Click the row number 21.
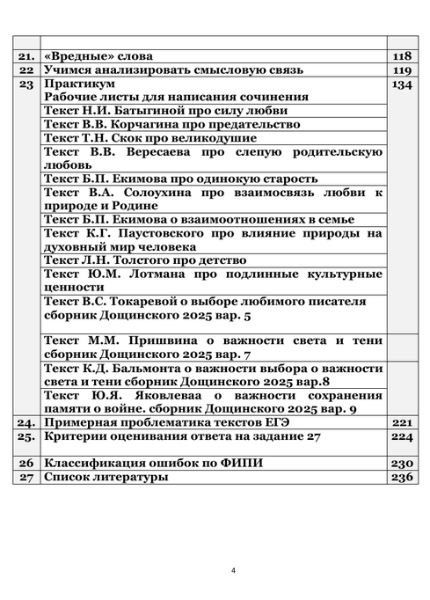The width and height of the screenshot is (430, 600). click(26, 55)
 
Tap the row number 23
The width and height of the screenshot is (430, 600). click(26, 84)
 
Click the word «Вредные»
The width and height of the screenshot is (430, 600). click(78, 55)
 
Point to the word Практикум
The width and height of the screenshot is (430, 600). click(78, 84)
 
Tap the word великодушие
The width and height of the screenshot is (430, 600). click(214, 138)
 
